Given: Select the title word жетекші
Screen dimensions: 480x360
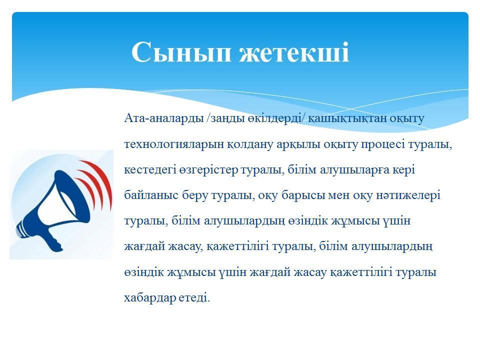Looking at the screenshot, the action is [294, 51].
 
